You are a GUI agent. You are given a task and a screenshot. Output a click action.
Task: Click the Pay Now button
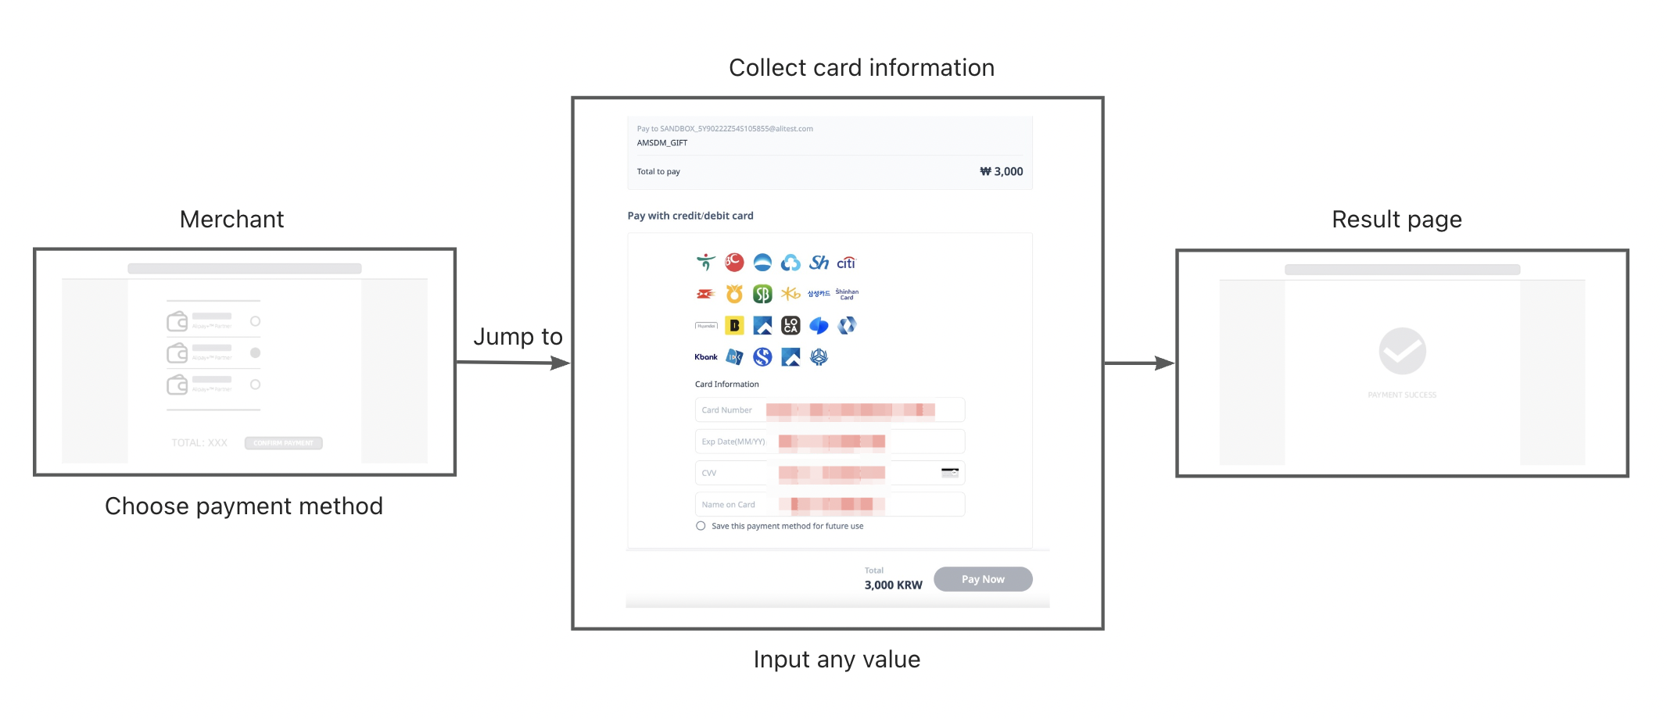[x=982, y=579]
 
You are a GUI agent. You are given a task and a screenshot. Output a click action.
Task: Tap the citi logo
[x=846, y=263]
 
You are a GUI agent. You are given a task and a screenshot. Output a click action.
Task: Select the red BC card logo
[x=734, y=263]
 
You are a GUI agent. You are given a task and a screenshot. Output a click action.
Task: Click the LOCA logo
[x=790, y=325]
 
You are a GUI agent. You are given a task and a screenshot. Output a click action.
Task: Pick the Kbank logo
[x=705, y=357]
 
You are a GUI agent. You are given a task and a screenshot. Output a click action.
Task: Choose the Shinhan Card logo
[x=847, y=294]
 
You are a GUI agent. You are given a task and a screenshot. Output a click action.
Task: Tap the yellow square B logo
[x=734, y=325]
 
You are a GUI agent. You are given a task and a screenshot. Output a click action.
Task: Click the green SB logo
[x=762, y=294]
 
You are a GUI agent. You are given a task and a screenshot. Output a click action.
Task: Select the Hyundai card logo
[x=706, y=325]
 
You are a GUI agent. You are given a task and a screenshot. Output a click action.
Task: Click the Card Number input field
[x=830, y=410]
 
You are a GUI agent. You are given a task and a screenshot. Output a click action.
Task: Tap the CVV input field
[x=830, y=473]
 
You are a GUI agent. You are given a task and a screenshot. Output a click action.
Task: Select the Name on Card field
[x=830, y=504]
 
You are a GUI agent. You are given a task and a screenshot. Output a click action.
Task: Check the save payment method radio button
[x=701, y=526]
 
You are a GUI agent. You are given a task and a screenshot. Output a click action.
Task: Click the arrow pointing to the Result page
[x=1139, y=363]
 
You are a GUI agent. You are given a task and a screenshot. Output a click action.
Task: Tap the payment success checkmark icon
[x=1402, y=351]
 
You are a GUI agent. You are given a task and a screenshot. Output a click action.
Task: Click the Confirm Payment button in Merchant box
[x=283, y=443]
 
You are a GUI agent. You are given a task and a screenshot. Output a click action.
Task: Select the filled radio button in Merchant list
[x=255, y=352]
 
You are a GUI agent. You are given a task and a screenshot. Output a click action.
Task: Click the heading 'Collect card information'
[x=861, y=68]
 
